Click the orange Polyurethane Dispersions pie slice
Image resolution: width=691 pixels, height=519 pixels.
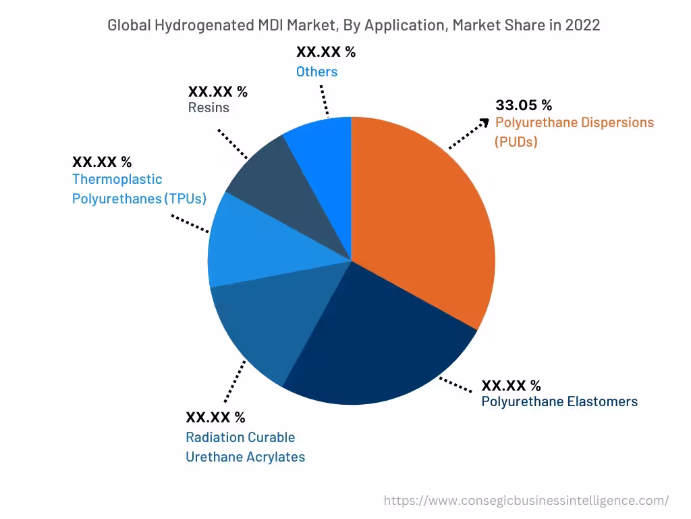coord(425,216)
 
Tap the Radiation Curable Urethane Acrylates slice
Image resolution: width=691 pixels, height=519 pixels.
coord(270,324)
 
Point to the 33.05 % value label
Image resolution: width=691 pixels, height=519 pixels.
coord(524,105)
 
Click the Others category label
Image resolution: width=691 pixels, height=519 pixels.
coord(316,72)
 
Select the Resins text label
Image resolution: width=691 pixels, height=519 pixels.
coord(209,107)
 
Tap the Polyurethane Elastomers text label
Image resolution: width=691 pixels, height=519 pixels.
coord(559,401)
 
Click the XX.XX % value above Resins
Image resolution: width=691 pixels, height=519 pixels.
coord(217,91)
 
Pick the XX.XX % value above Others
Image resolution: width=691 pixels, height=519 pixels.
coord(325,52)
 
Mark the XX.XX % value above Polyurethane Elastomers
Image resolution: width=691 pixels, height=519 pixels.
coord(511,385)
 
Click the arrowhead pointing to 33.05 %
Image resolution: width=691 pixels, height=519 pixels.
coord(484,122)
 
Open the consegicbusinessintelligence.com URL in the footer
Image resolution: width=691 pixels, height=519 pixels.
coord(526,501)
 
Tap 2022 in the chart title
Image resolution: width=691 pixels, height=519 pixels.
coord(582,26)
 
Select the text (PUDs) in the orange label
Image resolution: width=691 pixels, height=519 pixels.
coord(516,142)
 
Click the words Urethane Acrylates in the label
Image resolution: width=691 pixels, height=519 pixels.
coord(245,457)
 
